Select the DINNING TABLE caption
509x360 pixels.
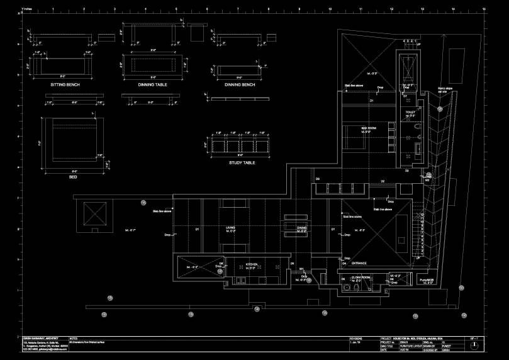pyautogui.click(x=152, y=84)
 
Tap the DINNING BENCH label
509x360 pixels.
pyautogui.click(x=240, y=84)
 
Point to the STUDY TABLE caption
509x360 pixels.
pyautogui.click(x=242, y=162)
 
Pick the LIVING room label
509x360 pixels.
pyautogui.click(x=230, y=228)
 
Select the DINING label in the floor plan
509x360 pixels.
pyautogui.click(x=301, y=228)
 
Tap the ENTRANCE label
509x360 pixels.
pyautogui.click(x=359, y=262)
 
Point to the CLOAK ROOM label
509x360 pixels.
pyautogui.click(x=361, y=276)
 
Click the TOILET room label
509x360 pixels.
pyautogui.click(x=411, y=112)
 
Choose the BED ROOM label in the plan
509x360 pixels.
pyautogui.click(x=368, y=128)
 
